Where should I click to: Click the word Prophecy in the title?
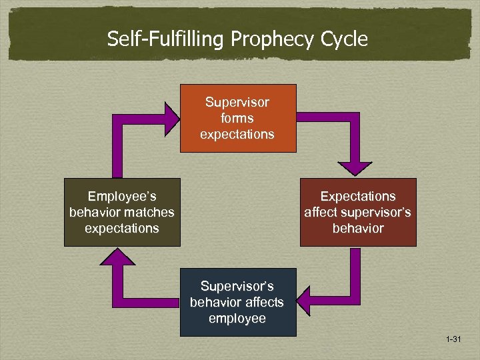tap(273, 39)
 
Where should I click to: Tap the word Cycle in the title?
tap(344, 39)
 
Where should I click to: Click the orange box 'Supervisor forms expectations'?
tap(238, 118)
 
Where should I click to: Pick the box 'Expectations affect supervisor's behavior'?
tap(358, 212)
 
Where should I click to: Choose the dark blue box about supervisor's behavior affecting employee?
tap(238, 302)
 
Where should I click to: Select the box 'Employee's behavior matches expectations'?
tap(122, 212)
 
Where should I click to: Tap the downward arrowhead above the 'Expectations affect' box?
tap(358, 167)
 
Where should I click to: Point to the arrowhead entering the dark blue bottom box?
tap(304, 293)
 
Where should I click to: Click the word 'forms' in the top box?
tap(237, 118)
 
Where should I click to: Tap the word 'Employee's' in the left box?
tap(121, 197)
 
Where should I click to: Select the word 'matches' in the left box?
tap(151, 212)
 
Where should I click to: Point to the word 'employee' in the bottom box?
tap(237, 318)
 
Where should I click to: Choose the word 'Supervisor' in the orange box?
tap(237, 103)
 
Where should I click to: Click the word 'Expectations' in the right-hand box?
tap(358, 197)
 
